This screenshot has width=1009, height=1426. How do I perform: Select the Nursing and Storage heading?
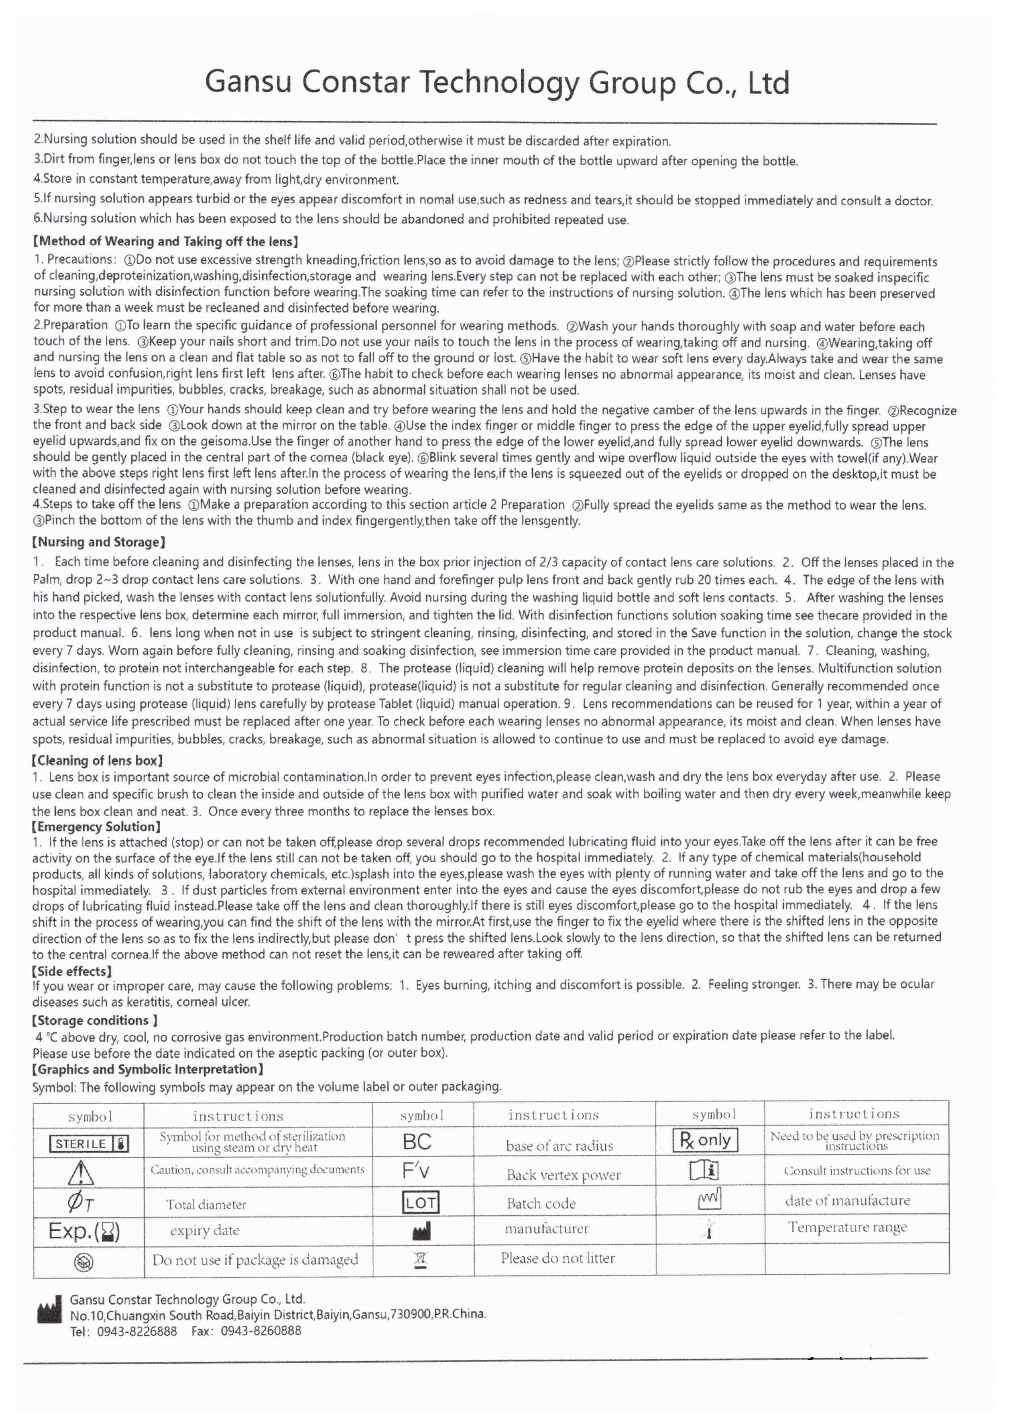click(x=98, y=542)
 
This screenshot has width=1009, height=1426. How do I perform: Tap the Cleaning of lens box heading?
click(x=98, y=760)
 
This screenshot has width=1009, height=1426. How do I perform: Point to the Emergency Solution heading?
click(x=96, y=826)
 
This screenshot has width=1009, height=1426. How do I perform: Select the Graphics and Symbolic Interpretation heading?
click(x=148, y=1069)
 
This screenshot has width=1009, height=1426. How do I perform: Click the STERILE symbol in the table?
click(x=89, y=1143)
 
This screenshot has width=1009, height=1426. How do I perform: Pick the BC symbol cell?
click(x=417, y=1142)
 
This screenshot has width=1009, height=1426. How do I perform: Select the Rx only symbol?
click(x=705, y=1140)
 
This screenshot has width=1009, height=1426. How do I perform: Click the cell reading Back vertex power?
click(x=563, y=1174)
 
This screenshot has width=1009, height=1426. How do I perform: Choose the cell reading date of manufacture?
click(x=847, y=1201)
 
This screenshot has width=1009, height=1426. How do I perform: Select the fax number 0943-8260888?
click(x=261, y=1330)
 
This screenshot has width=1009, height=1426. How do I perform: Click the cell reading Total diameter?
click(x=205, y=1204)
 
